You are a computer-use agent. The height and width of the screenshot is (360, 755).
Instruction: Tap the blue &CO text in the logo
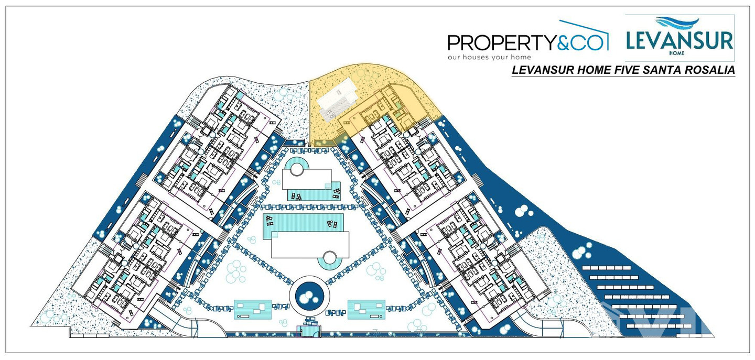coord(580,43)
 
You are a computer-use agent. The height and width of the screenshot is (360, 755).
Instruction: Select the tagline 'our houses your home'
coord(489,57)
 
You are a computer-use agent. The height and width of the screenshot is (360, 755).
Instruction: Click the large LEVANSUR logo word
coord(679,40)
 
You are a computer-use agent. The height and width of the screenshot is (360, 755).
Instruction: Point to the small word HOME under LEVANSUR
coord(677,53)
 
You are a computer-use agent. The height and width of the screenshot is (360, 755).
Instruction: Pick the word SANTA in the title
coord(663,70)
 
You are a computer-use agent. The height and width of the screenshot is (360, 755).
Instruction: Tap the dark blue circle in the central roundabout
coord(309,297)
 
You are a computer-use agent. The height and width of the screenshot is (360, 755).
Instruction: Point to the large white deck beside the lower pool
coord(310,245)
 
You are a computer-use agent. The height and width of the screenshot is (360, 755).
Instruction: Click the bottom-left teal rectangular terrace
coord(253,310)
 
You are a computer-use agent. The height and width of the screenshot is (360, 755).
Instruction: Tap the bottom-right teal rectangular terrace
coord(366,310)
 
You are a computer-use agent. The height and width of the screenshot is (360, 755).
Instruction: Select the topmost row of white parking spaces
coord(606,268)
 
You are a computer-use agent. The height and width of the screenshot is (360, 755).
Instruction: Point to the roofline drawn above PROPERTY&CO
coord(584,33)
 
